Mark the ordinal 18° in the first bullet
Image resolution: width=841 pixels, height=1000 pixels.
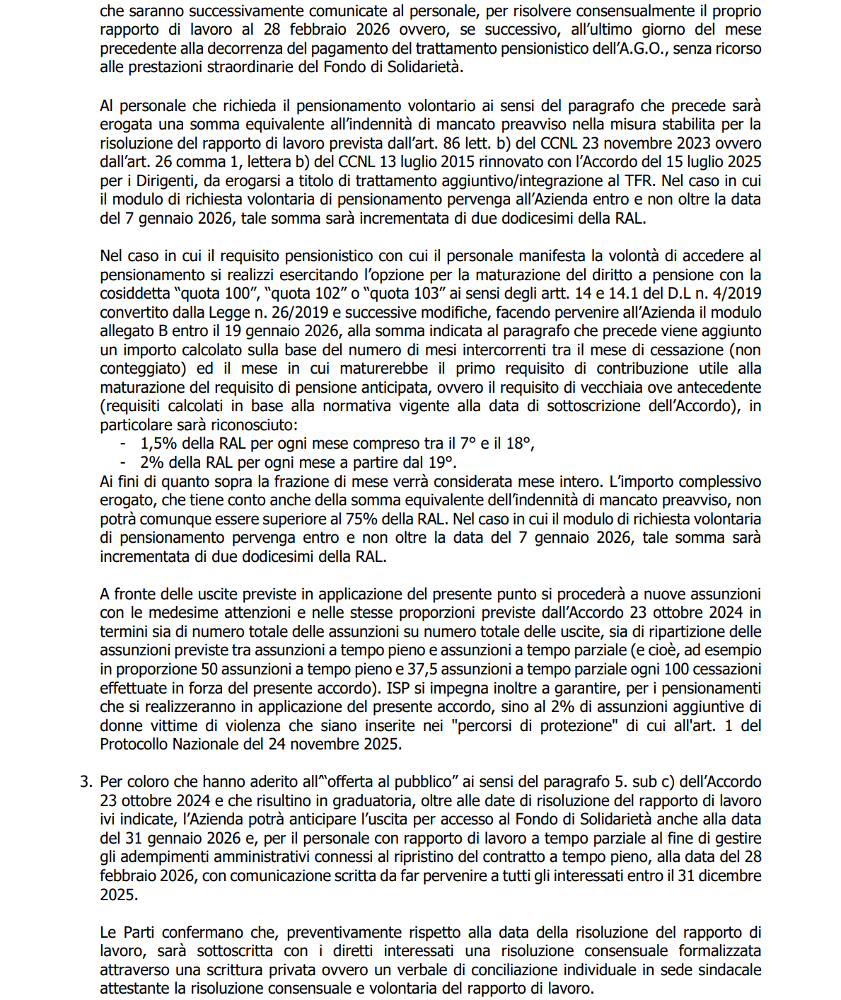tap(518, 444)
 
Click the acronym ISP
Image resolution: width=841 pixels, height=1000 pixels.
tap(400, 689)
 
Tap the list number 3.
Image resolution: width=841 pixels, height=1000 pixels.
tap(85, 782)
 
